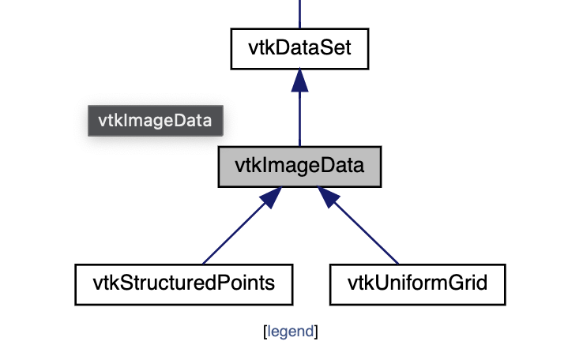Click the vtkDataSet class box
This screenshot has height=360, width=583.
(x=299, y=48)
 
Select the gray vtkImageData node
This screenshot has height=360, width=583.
(x=299, y=167)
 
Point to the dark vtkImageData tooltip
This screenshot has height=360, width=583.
(x=155, y=121)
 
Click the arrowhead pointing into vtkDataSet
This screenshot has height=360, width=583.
(x=299, y=78)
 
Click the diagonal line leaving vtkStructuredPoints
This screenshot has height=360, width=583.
(x=229, y=237)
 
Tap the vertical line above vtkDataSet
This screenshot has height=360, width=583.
(x=299, y=13)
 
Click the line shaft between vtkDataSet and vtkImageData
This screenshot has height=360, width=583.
(x=299, y=118)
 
